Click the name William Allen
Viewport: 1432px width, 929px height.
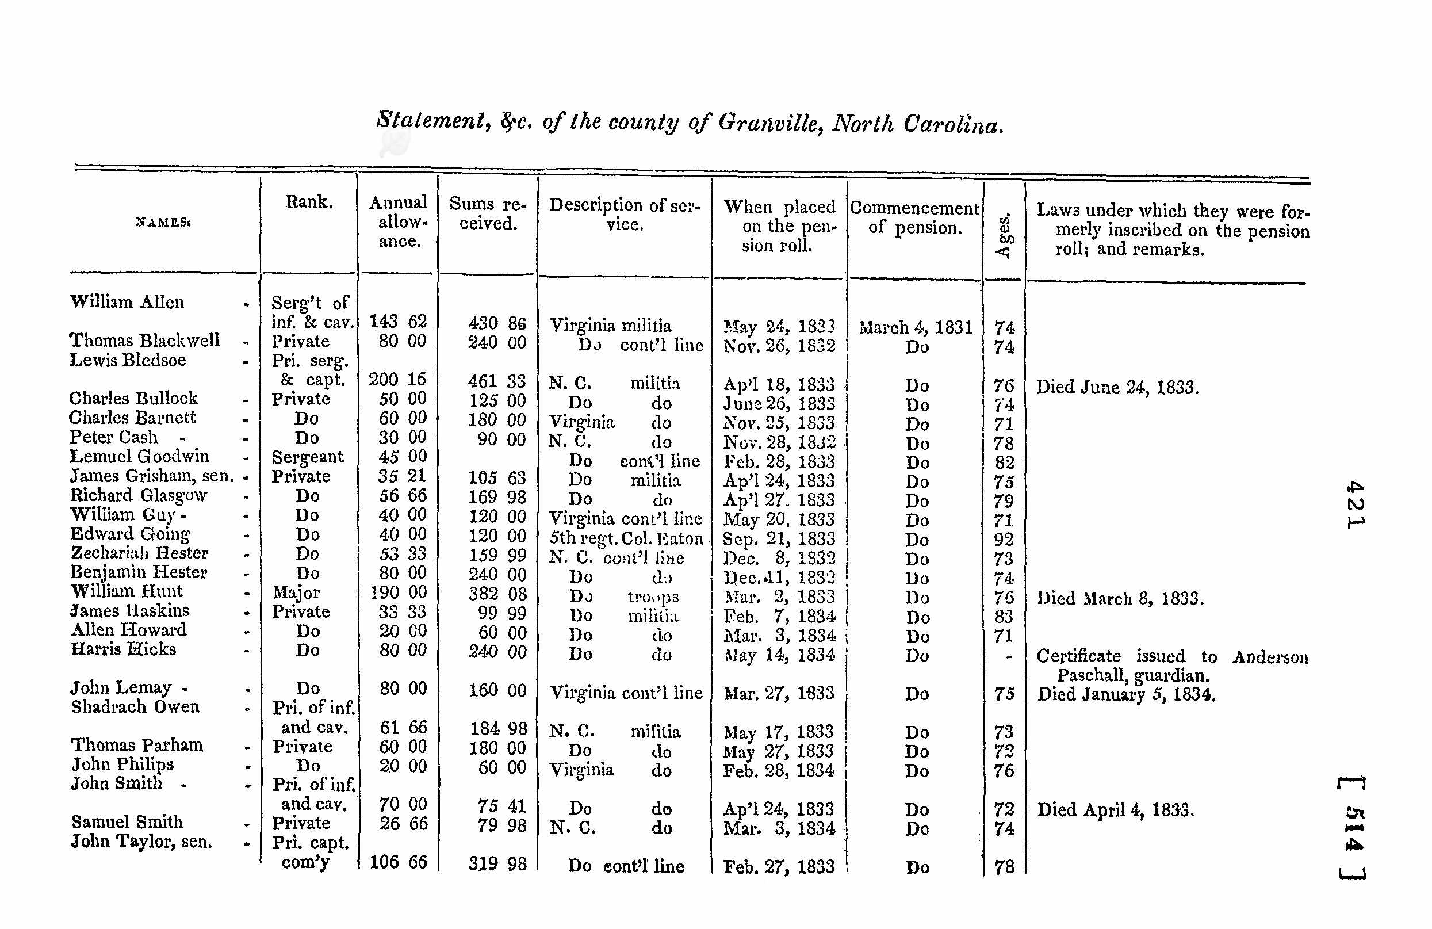[x=127, y=301]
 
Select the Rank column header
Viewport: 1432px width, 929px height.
[x=309, y=201]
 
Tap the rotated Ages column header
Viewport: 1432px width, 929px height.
[x=1004, y=236]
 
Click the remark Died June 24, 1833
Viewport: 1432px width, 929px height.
[x=1117, y=387]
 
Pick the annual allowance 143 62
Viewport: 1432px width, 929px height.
[x=398, y=322]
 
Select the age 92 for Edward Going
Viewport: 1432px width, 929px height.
[x=1004, y=539]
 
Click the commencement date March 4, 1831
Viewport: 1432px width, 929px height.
[x=915, y=327]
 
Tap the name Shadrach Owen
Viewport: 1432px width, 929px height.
[x=135, y=706]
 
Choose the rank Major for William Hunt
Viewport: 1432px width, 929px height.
[x=297, y=592]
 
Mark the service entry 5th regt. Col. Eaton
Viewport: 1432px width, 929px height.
[x=626, y=538]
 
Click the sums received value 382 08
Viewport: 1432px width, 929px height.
[x=497, y=594]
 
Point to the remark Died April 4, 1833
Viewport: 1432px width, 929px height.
[x=1116, y=810]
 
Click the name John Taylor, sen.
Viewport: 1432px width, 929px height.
[x=141, y=841]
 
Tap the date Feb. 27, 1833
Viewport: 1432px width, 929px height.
[x=779, y=866]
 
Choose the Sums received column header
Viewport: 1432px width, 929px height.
[x=487, y=213]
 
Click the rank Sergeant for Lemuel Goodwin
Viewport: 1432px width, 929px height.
[x=308, y=457]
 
